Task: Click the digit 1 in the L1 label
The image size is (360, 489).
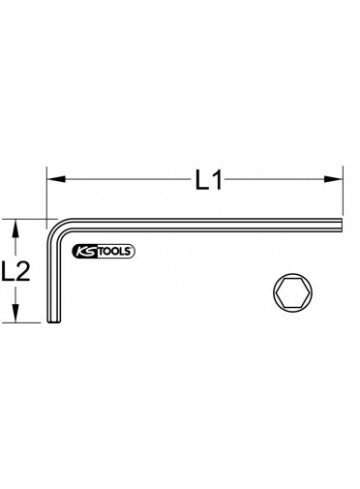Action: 217,179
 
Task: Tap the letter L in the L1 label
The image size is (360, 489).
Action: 202,179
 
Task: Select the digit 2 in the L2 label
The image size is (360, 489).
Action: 22,270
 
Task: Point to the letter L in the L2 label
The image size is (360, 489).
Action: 8,270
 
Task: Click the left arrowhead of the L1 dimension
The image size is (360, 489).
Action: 56,179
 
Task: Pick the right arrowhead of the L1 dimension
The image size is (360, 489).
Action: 333,179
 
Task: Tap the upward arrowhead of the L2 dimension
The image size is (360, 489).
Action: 15,229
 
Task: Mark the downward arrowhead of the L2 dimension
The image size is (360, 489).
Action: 15,313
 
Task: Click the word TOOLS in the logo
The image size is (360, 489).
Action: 113,252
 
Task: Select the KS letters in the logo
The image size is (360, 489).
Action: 85,252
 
